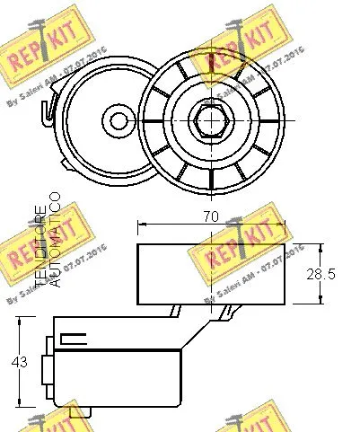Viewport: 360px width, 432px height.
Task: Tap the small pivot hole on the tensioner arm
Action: (x=113, y=119)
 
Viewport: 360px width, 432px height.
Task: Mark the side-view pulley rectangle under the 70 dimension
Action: (x=212, y=274)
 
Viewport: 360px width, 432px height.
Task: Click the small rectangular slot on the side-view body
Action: (x=73, y=340)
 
